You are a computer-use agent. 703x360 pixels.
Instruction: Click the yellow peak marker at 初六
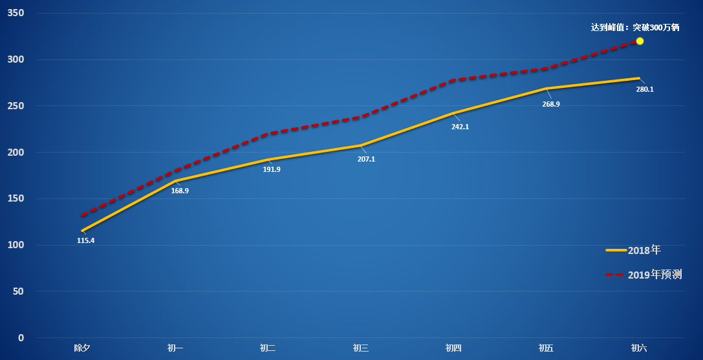[640, 41]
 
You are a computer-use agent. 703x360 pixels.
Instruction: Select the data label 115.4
[85, 240]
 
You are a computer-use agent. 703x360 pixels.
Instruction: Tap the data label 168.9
[180, 191]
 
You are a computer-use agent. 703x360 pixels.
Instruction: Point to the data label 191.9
[272, 169]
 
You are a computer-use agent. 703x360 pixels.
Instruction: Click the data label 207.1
[366, 158]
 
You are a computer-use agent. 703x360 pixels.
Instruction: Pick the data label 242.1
[460, 127]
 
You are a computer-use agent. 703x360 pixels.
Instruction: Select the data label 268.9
[551, 104]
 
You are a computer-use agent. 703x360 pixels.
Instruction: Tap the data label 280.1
[645, 89]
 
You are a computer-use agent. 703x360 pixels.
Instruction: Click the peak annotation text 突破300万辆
[635, 27]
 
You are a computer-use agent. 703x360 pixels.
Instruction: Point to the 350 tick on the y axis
[16, 14]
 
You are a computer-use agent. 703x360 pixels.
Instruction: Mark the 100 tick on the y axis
[16, 245]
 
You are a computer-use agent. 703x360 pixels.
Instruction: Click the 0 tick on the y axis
[21, 337]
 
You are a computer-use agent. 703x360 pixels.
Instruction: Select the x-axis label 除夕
[82, 348]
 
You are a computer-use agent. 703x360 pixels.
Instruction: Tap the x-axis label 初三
[361, 348]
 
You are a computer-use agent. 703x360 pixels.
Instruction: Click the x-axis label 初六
[639, 348]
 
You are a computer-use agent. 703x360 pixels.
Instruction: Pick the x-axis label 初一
[175, 348]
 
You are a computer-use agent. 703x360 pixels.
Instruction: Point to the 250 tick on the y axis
[16, 106]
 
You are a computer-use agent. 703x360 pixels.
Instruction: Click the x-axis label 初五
[546, 348]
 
